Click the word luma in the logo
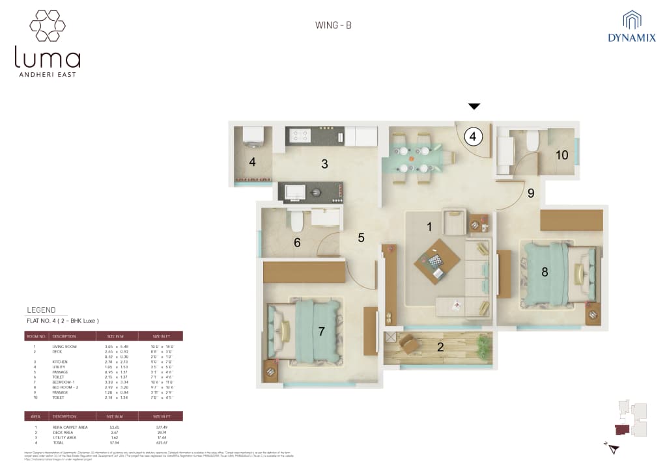click(x=48, y=58)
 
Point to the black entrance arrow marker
click(x=474, y=106)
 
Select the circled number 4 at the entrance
click(x=474, y=137)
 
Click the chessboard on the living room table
click(x=434, y=261)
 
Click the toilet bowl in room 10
click(x=532, y=141)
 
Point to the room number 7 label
click(x=321, y=332)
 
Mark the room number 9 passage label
click(x=531, y=193)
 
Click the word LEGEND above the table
click(x=41, y=310)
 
